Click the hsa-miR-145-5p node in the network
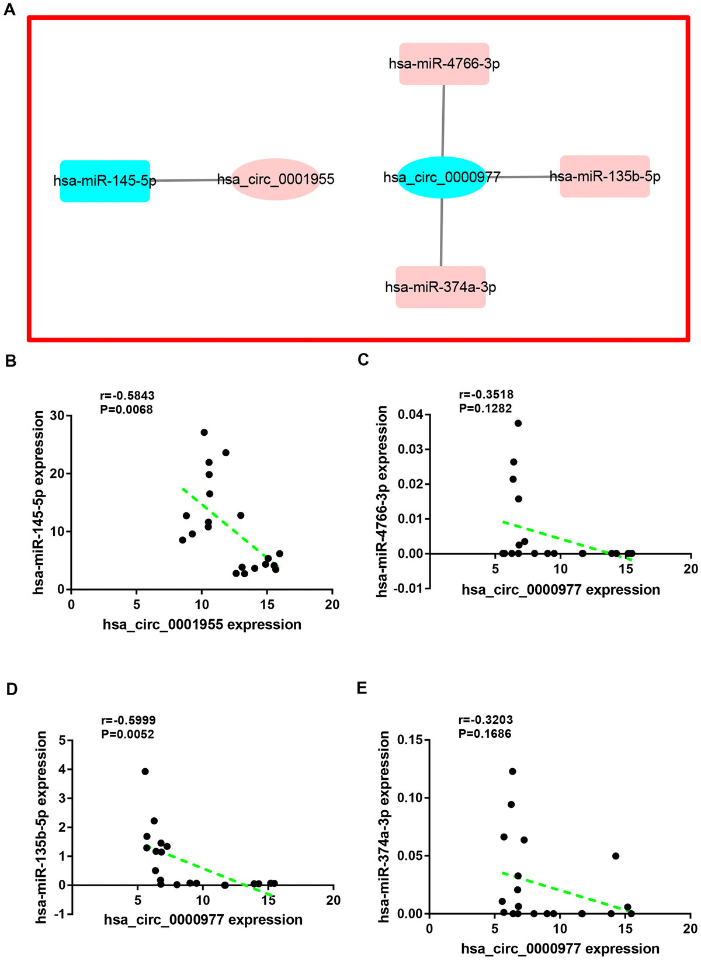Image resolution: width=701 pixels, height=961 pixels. click(x=105, y=181)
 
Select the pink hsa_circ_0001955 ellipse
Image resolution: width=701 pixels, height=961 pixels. click(x=276, y=179)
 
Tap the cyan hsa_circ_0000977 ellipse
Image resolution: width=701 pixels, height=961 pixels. click(x=442, y=177)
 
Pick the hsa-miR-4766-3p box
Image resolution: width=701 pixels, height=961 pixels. click(x=444, y=64)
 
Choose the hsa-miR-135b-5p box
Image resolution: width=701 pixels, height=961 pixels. click(x=605, y=176)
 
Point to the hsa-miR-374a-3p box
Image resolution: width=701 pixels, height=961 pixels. click(x=440, y=287)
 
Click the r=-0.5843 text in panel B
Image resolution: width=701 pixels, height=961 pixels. click(x=127, y=396)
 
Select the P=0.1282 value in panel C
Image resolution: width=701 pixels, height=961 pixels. click(x=485, y=408)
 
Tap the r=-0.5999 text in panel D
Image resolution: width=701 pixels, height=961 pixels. click(x=128, y=720)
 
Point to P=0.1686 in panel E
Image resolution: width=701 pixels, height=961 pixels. click(x=485, y=733)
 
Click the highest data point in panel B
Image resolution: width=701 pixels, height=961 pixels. click(x=204, y=432)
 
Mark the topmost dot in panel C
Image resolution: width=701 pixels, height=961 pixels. click(x=518, y=423)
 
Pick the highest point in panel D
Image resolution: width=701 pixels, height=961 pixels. click(x=145, y=771)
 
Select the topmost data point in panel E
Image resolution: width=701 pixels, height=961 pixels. click(x=512, y=771)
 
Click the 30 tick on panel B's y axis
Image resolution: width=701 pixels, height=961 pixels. click(x=57, y=416)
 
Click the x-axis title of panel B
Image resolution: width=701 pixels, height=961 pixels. click(x=202, y=625)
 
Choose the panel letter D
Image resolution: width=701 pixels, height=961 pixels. click(x=12, y=689)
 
